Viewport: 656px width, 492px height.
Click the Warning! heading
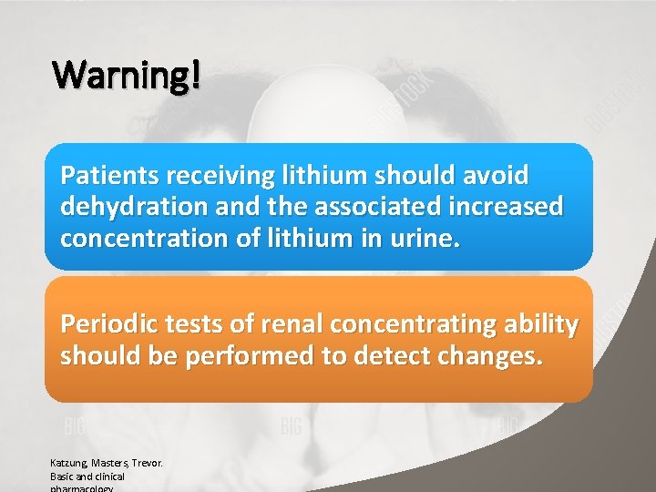pyautogui.click(x=126, y=75)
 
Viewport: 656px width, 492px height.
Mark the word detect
pyautogui.click(x=398, y=356)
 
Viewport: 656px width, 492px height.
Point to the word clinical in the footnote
pyautogui.click(x=108, y=477)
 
